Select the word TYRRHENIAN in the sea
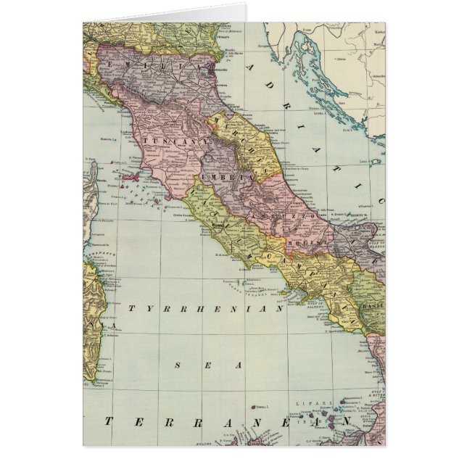(x=205, y=309)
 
